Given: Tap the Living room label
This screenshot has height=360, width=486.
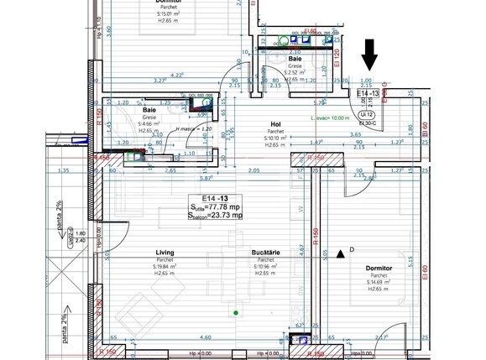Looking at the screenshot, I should click(165, 252).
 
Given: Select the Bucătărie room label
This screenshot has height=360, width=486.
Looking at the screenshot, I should click(264, 252).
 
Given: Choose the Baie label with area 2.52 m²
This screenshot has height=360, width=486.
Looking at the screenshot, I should click(295, 60).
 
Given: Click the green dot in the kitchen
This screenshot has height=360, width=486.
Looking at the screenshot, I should click(236, 314).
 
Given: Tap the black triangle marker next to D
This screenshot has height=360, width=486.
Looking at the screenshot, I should click(340, 252).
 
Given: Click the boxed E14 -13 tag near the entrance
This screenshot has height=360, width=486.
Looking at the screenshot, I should click(368, 93).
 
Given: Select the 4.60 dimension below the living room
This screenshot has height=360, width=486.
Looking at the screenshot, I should click(183, 337).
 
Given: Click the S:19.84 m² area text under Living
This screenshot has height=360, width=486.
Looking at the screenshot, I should click(165, 266).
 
